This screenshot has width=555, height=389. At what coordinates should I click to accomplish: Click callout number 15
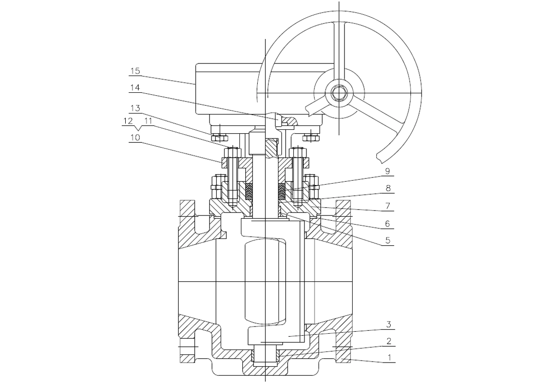tap(135, 71)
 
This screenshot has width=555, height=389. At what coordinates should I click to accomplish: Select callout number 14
tap(135, 88)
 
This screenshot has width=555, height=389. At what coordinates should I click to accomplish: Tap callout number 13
tap(135, 108)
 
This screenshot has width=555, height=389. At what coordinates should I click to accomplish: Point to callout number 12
tap(128, 121)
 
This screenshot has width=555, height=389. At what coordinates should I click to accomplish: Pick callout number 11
tap(148, 121)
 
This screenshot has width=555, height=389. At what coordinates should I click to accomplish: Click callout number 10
tap(135, 137)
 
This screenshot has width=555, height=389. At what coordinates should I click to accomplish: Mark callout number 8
tap(388, 188)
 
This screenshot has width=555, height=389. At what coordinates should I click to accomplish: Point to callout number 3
tap(388, 325)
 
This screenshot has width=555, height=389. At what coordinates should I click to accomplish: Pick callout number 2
tap(389, 341)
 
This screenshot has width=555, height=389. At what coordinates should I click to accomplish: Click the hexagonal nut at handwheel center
tap(339, 93)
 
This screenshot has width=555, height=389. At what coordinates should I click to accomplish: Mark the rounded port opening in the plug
tap(265, 281)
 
